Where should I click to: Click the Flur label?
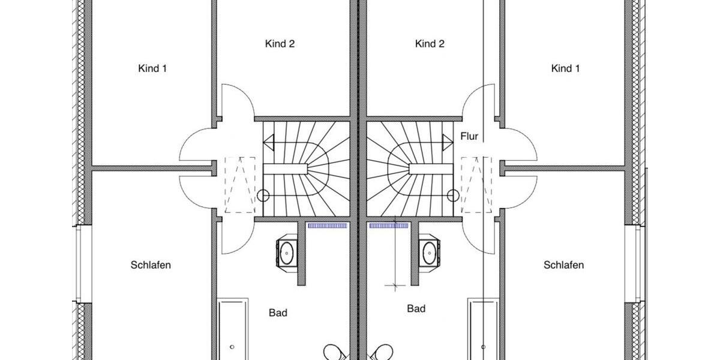469,137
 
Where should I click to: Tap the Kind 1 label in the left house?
152,68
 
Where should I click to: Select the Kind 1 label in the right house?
565,68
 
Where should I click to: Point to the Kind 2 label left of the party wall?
280,44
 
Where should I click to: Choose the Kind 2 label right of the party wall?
430,44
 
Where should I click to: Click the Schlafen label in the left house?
151,265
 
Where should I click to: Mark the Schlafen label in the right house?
563,265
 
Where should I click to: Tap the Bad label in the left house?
278,313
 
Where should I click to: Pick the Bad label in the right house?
416,308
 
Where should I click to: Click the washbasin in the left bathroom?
287,252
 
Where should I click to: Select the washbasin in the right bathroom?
428,252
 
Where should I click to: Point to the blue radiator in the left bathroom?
328,226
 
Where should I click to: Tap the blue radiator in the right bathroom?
388,226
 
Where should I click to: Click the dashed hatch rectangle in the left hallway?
240,185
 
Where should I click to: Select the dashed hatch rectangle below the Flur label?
476,185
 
